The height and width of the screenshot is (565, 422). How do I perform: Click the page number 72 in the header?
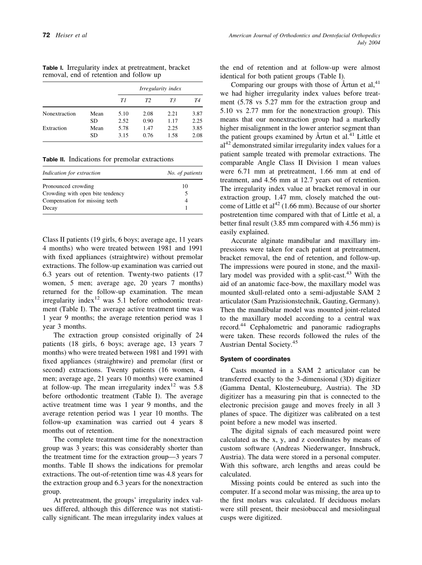click(x=46, y=36)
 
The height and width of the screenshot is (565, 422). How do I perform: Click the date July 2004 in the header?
click(x=369, y=43)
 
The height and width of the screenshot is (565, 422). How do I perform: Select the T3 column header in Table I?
click(x=172, y=100)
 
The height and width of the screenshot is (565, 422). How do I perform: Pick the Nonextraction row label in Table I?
click(x=59, y=114)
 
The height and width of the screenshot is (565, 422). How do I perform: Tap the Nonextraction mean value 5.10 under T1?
click(x=123, y=114)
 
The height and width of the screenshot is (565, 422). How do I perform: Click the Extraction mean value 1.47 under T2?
click(x=148, y=128)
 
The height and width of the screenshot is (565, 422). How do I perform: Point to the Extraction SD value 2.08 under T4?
click(x=197, y=135)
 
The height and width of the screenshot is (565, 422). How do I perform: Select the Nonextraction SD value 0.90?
click(x=148, y=121)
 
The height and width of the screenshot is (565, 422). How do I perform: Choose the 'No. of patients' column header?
click(x=185, y=173)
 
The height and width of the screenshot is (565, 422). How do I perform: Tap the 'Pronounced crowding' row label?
click(x=68, y=186)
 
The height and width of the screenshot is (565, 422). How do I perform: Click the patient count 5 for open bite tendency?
click(x=186, y=193)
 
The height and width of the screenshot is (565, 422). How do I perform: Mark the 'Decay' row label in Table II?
click(x=50, y=207)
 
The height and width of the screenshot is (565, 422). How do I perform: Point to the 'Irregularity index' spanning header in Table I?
click(x=160, y=89)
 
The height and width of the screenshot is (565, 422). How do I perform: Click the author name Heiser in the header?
click(x=64, y=36)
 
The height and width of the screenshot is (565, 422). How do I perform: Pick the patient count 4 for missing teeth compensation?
click(x=186, y=200)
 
